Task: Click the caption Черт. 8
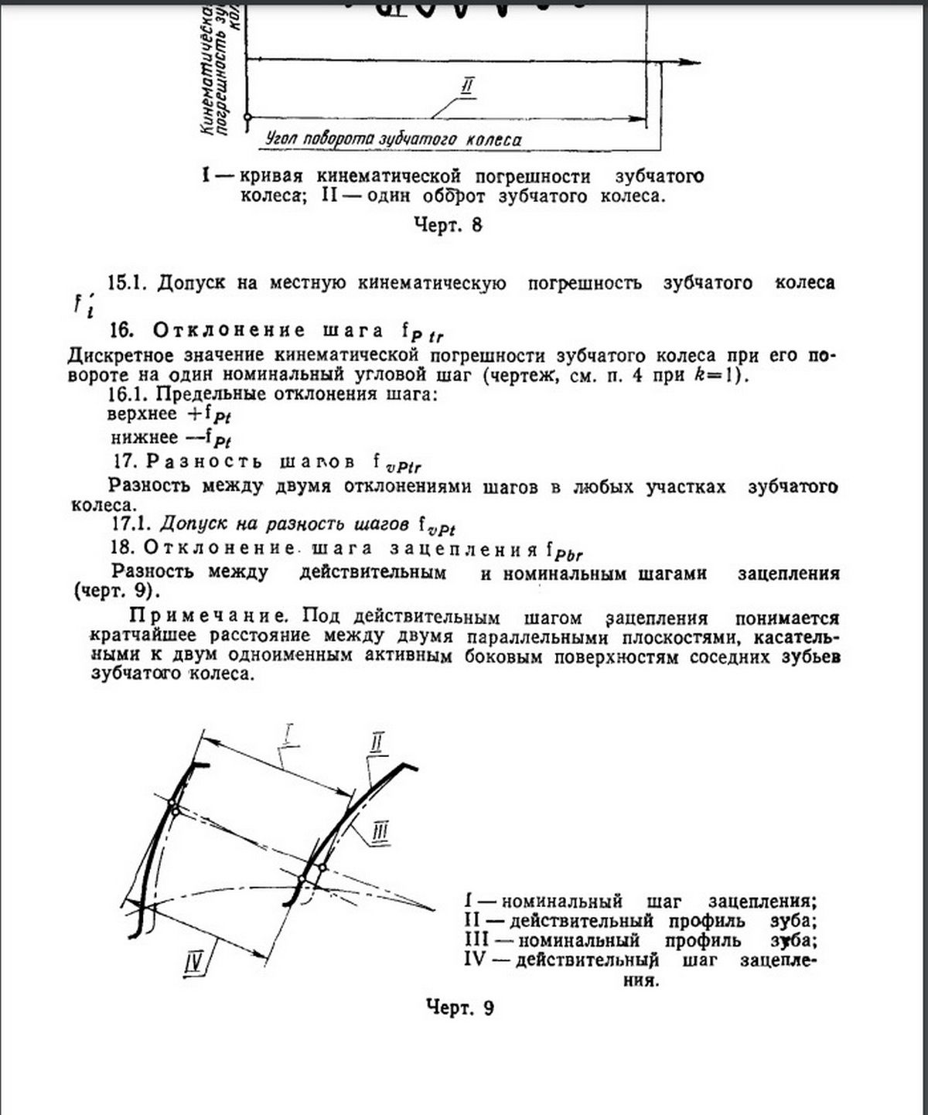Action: (449, 225)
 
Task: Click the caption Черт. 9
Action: (459, 1008)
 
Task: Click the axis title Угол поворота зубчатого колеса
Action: (393, 140)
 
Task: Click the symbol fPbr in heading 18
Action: (564, 552)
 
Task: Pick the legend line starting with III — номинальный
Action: (640, 941)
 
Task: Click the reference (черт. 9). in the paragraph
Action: (118, 592)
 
